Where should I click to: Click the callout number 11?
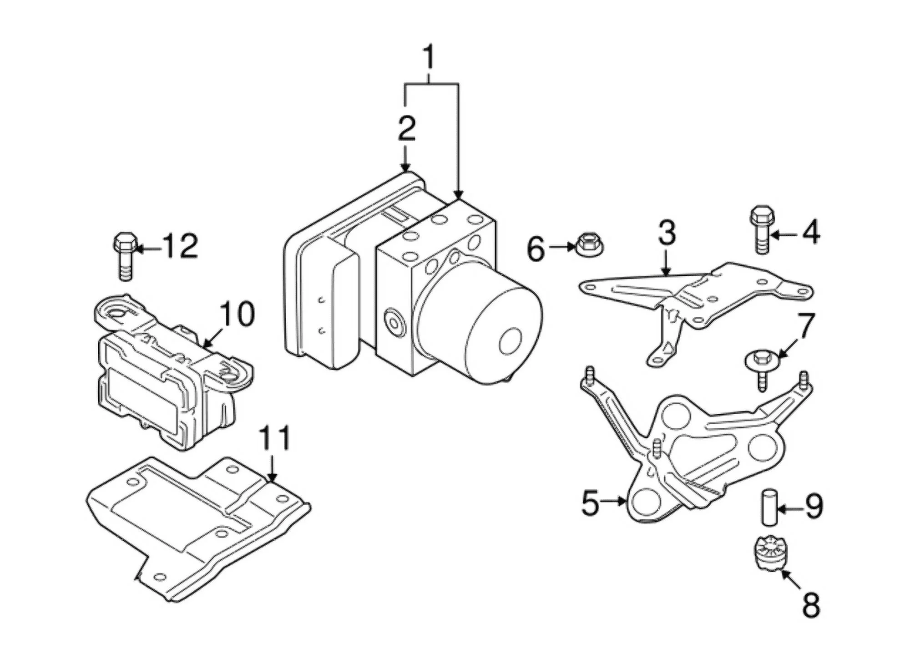coord(274,438)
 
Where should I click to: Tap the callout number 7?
coord(804,326)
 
